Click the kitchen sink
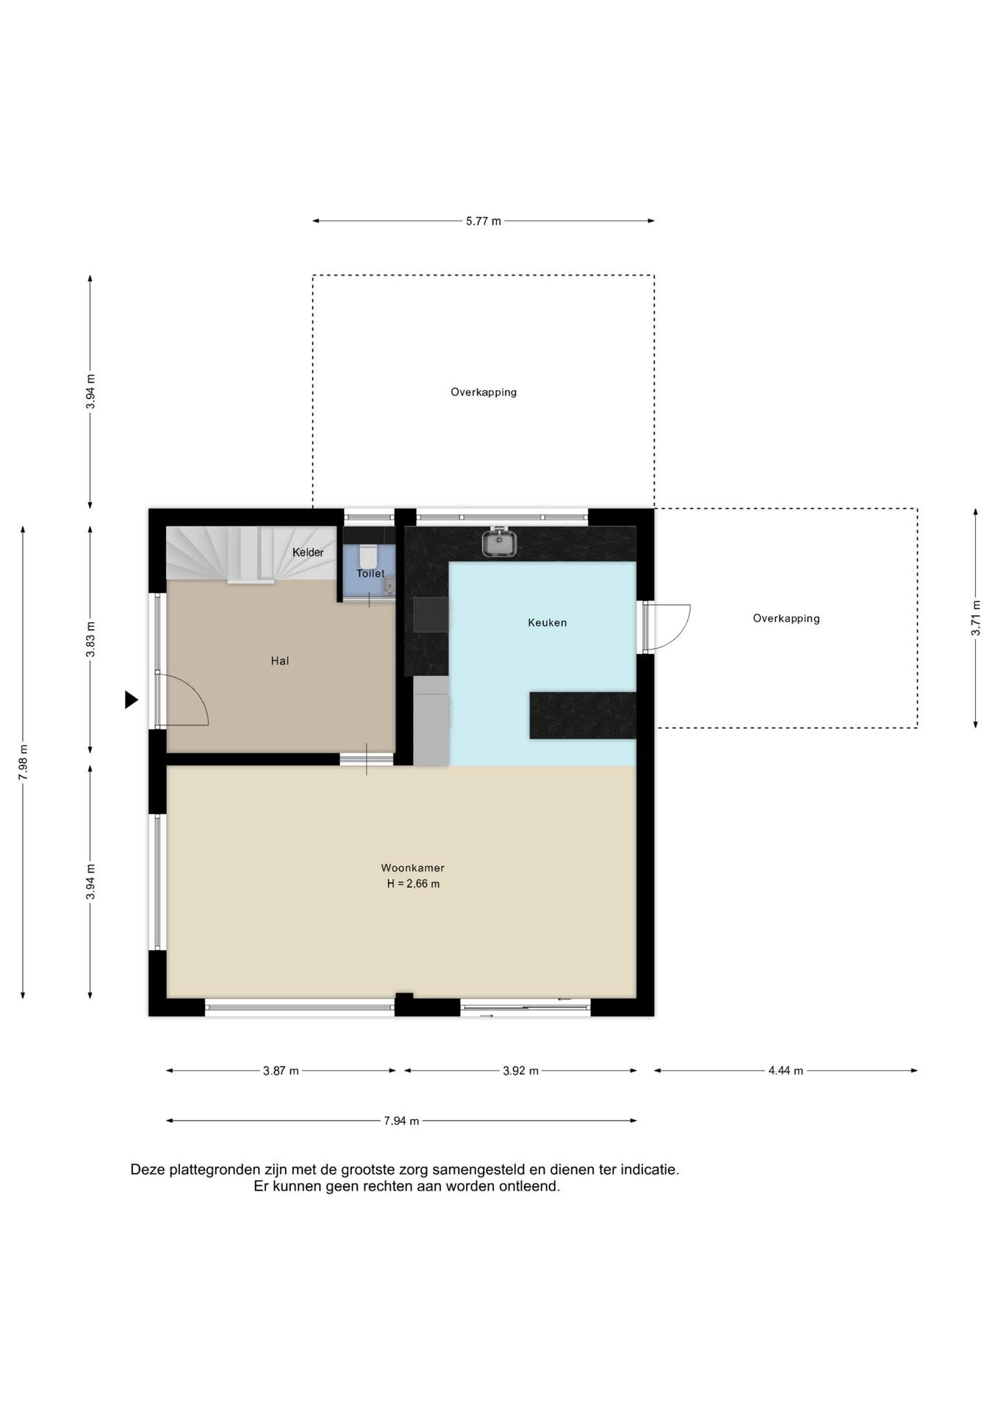(499, 542)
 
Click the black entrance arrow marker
(131, 700)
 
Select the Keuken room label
(548, 622)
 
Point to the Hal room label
(280, 661)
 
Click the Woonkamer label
(412, 868)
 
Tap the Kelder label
(308, 553)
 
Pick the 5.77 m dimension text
(484, 221)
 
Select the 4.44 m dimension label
(786, 1071)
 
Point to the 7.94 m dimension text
(401, 1121)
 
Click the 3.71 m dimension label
(976, 618)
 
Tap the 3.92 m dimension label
(520, 1071)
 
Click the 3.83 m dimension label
(90, 641)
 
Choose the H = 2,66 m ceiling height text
(413, 884)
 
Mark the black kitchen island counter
(583, 714)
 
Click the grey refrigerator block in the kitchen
(431, 721)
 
